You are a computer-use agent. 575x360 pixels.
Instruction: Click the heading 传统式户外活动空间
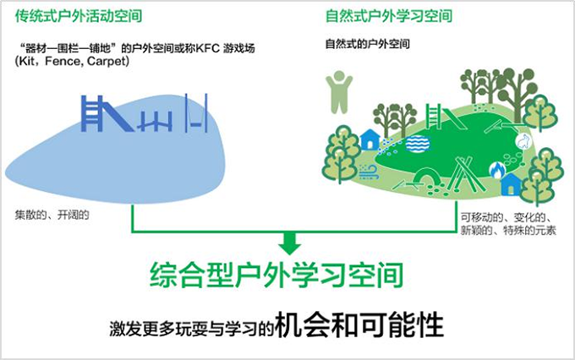79,16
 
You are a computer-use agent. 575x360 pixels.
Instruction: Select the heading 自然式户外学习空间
389,16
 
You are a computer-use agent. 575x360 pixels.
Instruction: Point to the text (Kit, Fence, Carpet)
72,61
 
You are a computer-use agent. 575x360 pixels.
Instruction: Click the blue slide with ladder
107,113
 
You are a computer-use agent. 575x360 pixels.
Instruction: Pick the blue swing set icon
196,113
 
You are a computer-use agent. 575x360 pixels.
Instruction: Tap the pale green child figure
339,91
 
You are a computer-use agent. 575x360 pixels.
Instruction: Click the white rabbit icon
523,141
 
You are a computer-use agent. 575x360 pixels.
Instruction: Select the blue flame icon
497,170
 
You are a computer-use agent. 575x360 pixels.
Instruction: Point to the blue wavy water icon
418,144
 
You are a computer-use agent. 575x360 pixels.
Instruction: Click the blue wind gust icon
369,172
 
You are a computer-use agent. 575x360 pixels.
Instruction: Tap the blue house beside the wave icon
370,139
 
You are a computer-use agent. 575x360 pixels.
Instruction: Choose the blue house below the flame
511,184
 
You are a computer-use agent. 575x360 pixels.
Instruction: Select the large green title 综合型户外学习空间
276,275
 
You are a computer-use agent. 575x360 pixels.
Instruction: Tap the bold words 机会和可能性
359,325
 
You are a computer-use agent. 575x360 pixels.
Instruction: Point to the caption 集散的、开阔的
52,215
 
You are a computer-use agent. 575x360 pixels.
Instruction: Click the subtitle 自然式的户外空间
368,44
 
